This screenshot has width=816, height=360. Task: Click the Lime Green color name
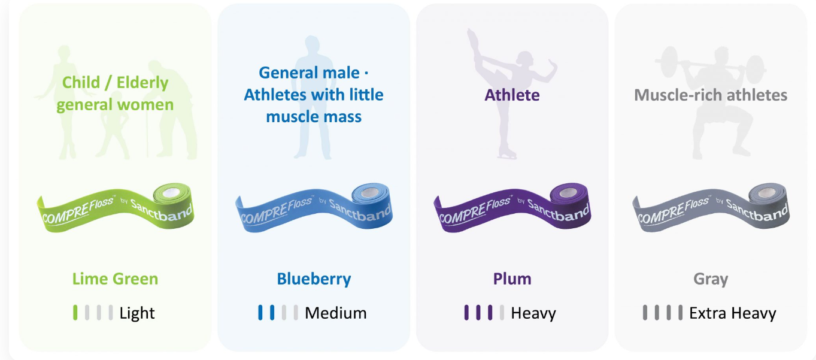pos(115,279)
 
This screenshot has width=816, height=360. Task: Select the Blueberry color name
pos(314,280)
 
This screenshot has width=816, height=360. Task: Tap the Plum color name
pos(512,279)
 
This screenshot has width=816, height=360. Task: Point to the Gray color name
pos(711,280)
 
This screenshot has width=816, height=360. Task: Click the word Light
pos(137,313)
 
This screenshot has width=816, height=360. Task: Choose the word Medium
pos(335,313)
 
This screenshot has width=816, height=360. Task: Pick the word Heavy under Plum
pos(533,313)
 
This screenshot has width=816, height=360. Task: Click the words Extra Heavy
pos(733,313)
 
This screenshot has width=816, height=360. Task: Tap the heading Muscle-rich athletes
pos(711,95)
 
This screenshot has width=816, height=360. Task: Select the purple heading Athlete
pos(512,95)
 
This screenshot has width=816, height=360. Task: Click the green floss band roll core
pos(171,192)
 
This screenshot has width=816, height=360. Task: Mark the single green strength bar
pos(75,313)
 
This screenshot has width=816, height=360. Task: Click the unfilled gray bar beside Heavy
pos(502,313)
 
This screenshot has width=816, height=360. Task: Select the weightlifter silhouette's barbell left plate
pos(669,62)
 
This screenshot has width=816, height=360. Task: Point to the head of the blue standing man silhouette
pos(312,44)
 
